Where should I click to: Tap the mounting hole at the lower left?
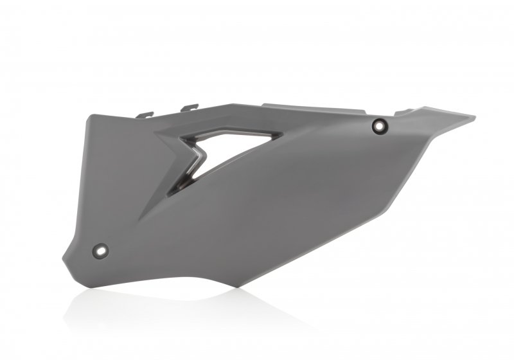point(101,249)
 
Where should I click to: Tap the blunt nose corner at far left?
point(64,257)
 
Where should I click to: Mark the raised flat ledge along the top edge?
point(308,106)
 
